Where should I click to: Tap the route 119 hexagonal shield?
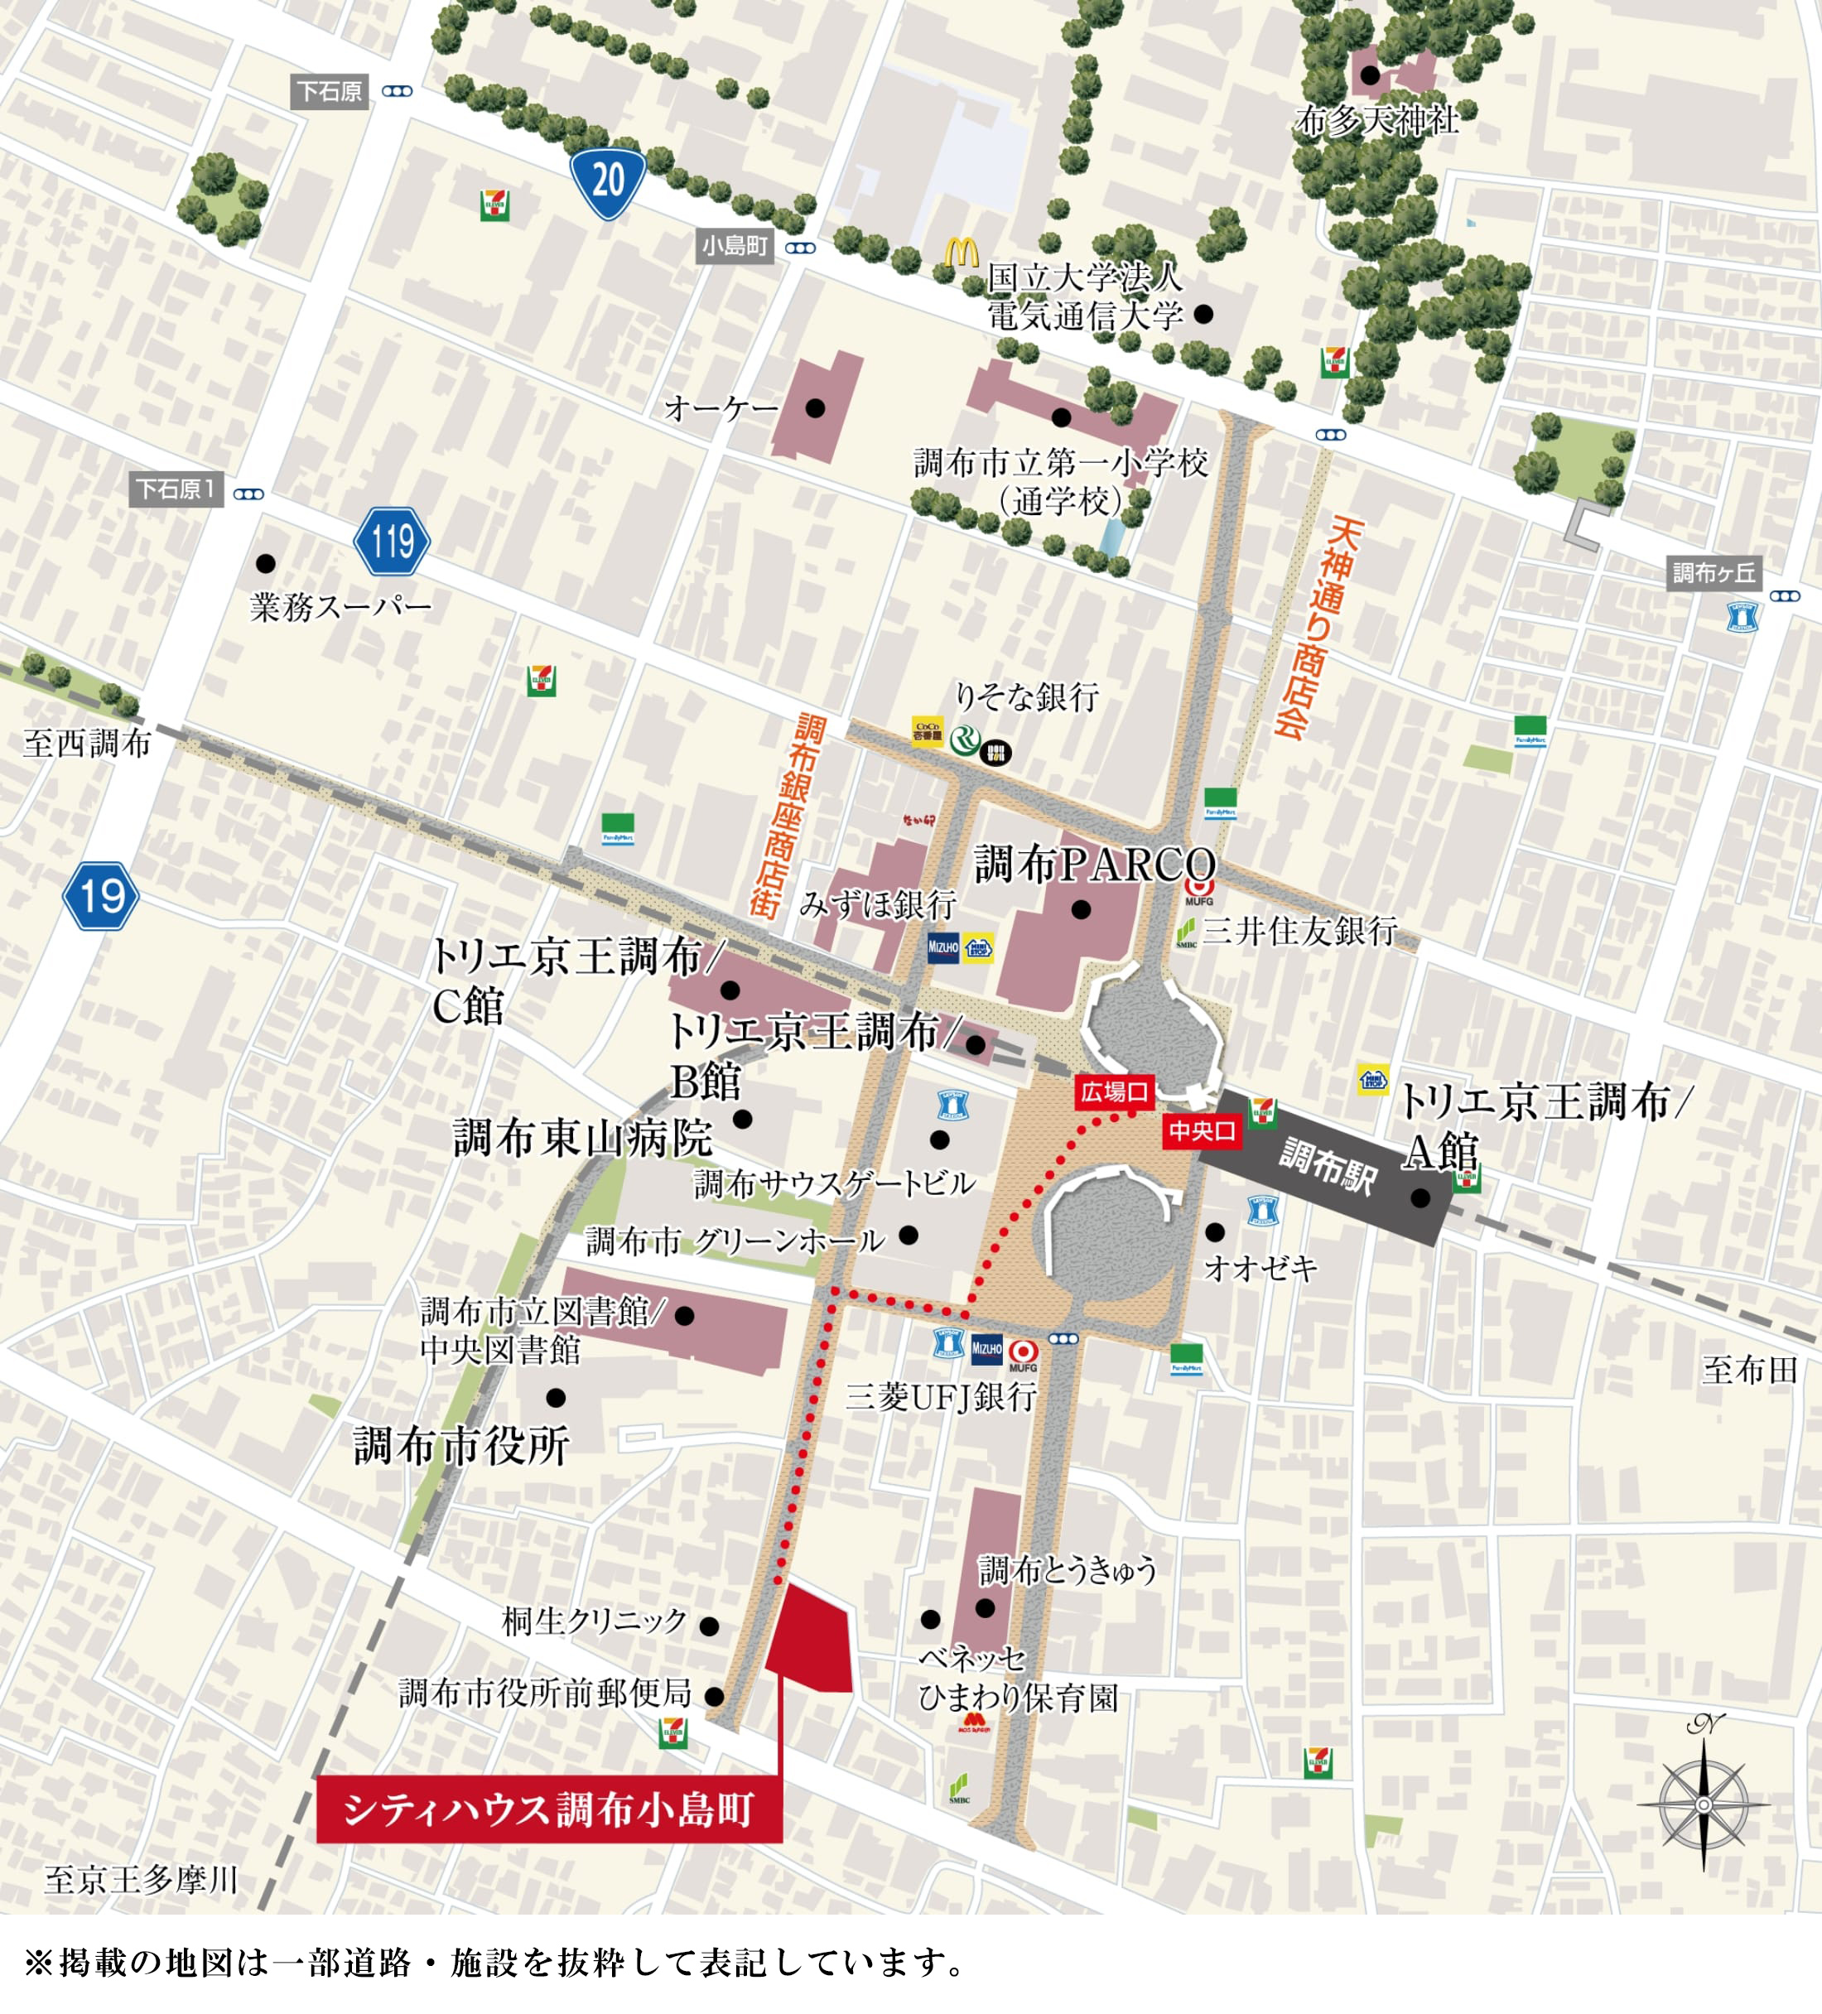tap(392, 542)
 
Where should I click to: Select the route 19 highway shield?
tap(101, 895)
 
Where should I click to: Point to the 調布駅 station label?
tap(1328, 1166)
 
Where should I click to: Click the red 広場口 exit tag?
tap(1114, 1092)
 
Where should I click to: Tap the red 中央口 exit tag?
tap(1203, 1131)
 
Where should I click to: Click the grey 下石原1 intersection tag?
tap(176, 489)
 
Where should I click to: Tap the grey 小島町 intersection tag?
tap(735, 246)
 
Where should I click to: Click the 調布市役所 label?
tap(461, 1446)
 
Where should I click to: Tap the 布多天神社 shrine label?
tap(1376, 120)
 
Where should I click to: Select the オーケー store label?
tap(721, 407)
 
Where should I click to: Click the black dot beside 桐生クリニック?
tap(709, 1626)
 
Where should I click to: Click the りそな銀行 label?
tap(1027, 696)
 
